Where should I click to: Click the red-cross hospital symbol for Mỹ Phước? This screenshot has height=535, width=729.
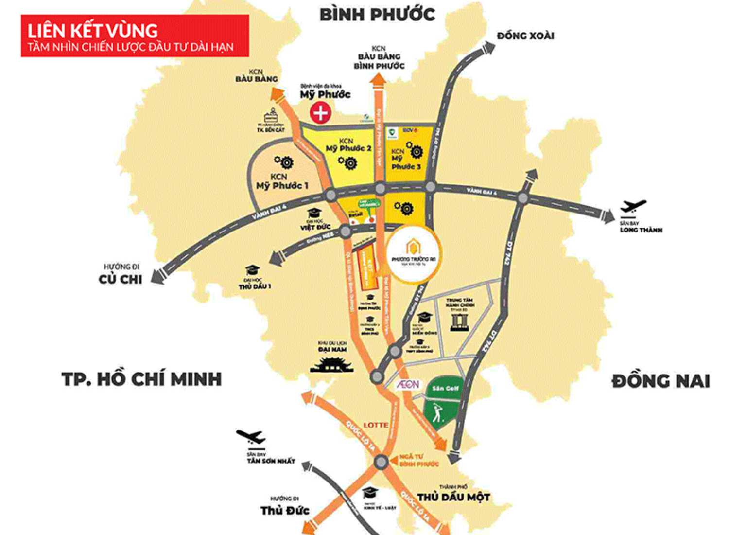coord(321,113)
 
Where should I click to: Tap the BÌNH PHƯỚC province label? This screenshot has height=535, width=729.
coord(377,15)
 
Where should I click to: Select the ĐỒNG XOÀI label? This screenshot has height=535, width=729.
coord(525,36)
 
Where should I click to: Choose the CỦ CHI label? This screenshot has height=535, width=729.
coord(121,279)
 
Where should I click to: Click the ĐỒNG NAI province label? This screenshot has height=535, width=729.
coord(660,381)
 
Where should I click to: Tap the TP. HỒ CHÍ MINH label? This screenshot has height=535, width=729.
coord(141,379)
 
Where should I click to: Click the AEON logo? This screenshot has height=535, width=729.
coord(407,384)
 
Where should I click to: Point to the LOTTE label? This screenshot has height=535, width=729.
coord(376,425)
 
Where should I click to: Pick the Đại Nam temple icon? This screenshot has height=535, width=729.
coord(331,364)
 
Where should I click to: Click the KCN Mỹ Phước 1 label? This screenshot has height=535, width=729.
coord(282,181)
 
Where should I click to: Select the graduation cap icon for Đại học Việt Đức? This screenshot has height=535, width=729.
coord(314,213)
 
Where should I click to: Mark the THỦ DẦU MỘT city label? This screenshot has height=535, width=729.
coord(453,497)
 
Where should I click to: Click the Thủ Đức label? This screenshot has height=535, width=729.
coord(285,510)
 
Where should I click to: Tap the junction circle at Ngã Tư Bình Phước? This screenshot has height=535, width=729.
coord(382,462)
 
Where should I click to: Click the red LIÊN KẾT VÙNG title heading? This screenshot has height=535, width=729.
coord(135,36)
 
